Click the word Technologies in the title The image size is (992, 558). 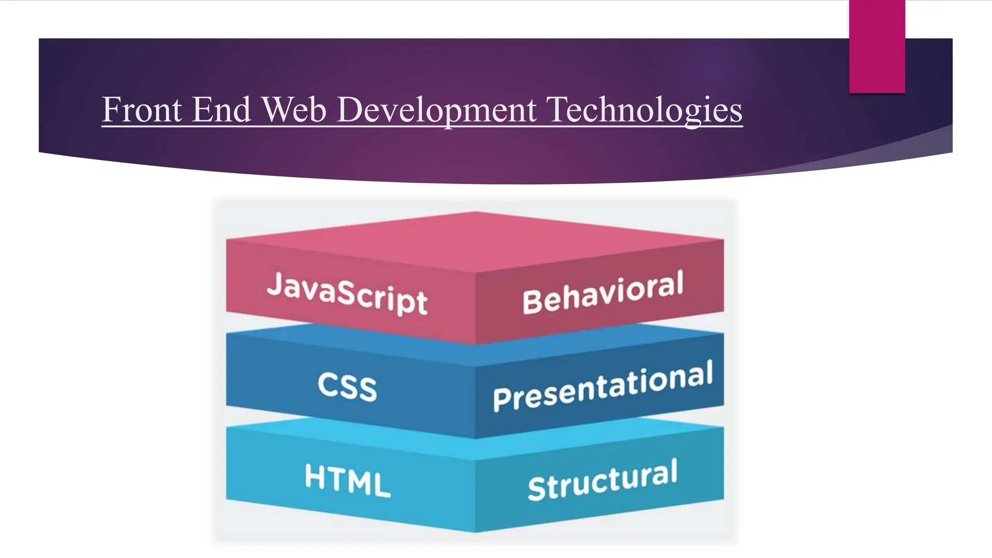click(x=644, y=110)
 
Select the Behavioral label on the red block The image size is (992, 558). click(x=603, y=292)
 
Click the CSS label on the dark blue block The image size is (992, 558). click(x=347, y=387)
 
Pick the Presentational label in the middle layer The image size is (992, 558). click(x=603, y=386)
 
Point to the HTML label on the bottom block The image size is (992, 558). click(x=347, y=480)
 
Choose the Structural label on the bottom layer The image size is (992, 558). click(x=603, y=480)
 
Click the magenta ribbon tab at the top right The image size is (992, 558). click(x=877, y=46)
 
